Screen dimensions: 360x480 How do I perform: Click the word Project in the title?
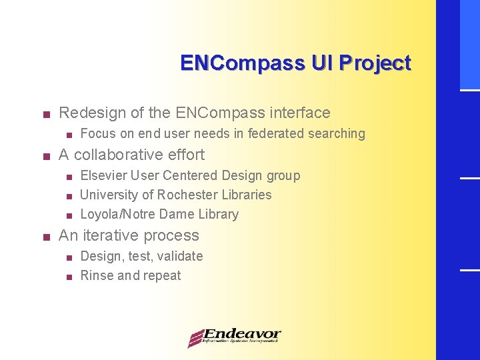pos(375,63)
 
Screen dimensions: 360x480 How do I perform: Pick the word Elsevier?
pos(103,175)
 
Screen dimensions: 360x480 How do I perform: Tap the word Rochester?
pos(187,195)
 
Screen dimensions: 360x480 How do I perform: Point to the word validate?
pos(180,256)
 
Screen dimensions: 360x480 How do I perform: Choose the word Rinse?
pos(97,275)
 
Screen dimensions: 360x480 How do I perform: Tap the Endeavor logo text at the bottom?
pos(242,335)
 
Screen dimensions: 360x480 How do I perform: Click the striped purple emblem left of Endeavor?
pos(195,338)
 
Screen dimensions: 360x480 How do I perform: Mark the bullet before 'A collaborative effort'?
pos(45,156)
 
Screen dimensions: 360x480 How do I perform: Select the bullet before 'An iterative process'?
pos(45,237)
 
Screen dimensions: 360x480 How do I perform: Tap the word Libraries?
pos(250,195)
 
